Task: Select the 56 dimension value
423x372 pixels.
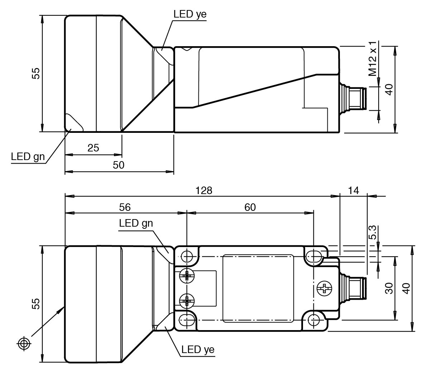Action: pos(125,207)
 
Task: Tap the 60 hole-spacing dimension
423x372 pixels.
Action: pos(250,207)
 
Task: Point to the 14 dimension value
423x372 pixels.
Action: pos(353,190)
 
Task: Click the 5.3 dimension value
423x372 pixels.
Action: pos(372,232)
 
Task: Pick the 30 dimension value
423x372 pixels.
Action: pos(389,288)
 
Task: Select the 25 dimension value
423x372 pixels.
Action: pos(93,148)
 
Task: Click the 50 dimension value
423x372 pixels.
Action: pos(119,165)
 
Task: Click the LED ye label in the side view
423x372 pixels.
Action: pos(190,14)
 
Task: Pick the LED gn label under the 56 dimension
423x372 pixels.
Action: pos(136,223)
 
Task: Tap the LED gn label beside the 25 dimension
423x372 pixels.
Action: pos(28,156)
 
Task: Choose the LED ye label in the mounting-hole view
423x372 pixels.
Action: pos(198,349)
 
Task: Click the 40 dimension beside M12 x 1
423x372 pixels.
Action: pos(389,89)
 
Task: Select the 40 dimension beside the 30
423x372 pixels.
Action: pos(406,288)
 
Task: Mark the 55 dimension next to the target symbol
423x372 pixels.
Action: pos(35,304)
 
